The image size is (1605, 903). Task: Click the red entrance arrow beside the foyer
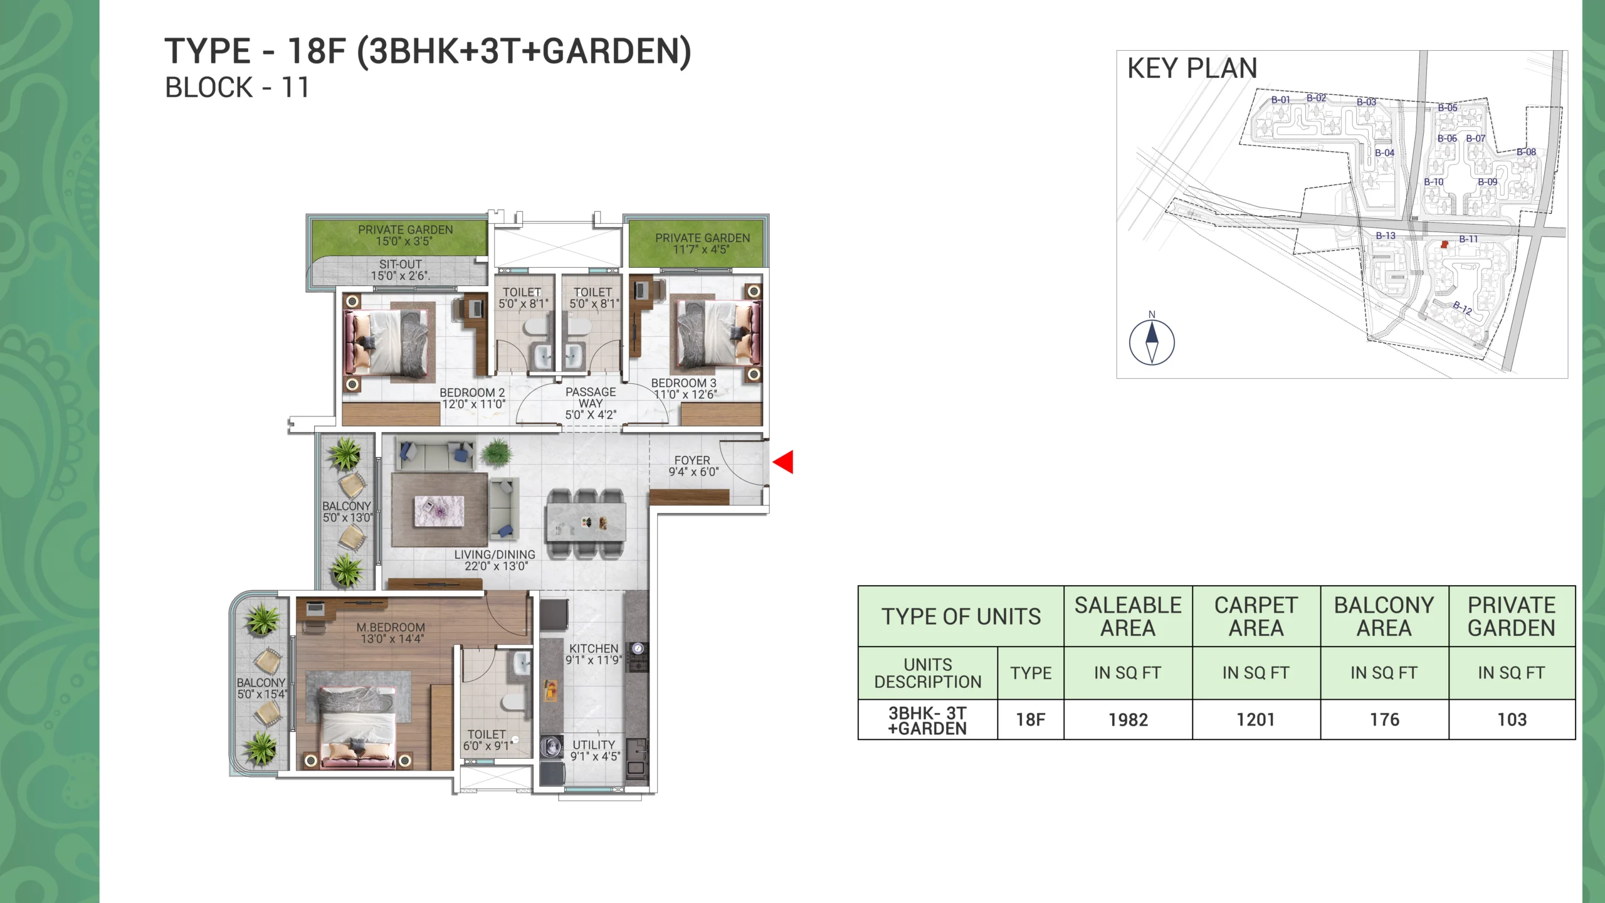[x=784, y=462]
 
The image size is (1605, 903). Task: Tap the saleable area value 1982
[x=1128, y=720]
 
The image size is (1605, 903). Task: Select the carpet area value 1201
[x=1256, y=720]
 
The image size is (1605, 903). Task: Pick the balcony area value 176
[x=1384, y=720]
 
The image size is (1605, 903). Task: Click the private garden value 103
[x=1512, y=720]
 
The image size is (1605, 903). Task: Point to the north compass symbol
[x=1152, y=342]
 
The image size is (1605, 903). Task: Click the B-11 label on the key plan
[x=1468, y=239]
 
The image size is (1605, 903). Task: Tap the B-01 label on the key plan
[x=1280, y=100]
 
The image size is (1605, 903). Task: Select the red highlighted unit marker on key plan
[x=1444, y=245]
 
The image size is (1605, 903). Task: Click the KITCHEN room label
[x=594, y=648]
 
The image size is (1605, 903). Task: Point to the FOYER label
[x=692, y=460]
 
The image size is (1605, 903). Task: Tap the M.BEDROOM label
[x=391, y=627]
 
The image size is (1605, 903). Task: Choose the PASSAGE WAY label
[x=591, y=398]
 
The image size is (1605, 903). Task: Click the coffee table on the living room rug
[x=439, y=510]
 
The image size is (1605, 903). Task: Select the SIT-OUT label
[x=400, y=265]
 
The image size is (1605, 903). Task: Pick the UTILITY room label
[x=594, y=745]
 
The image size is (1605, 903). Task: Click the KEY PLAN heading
[x=1192, y=68]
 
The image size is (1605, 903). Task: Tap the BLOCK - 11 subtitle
[x=237, y=88]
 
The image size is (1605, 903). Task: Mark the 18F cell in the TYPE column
[x=1031, y=720]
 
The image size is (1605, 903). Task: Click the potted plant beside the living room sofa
[x=496, y=451]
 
